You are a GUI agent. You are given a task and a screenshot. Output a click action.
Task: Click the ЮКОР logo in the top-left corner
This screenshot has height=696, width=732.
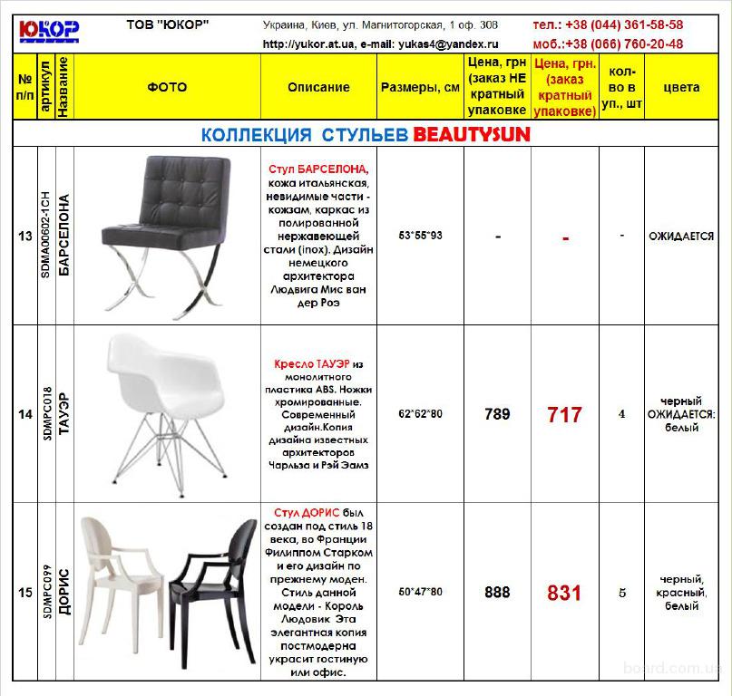[48, 31]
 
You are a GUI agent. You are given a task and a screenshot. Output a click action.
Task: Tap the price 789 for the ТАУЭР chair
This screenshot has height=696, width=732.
[497, 414]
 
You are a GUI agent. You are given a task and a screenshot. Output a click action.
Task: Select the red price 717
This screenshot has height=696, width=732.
[564, 415]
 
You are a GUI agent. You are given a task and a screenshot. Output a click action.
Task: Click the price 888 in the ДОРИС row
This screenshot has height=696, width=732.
[497, 593]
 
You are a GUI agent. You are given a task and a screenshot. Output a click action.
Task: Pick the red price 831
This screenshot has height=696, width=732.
[564, 594]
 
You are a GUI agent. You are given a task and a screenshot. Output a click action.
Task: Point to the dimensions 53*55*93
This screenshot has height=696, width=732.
[421, 236]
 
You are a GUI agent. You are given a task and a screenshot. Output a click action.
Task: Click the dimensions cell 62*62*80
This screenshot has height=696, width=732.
[421, 414]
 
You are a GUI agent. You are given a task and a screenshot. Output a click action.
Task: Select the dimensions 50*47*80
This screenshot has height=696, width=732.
[421, 593]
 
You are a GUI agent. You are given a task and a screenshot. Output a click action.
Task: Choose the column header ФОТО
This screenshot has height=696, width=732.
[167, 87]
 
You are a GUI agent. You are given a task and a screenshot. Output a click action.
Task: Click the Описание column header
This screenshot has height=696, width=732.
[318, 87]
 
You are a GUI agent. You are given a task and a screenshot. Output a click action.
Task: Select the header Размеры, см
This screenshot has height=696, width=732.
[420, 87]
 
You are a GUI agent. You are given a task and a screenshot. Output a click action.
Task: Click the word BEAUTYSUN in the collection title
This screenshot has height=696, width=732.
[471, 135]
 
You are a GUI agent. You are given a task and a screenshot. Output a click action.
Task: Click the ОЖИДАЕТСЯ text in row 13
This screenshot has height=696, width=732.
[681, 236]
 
